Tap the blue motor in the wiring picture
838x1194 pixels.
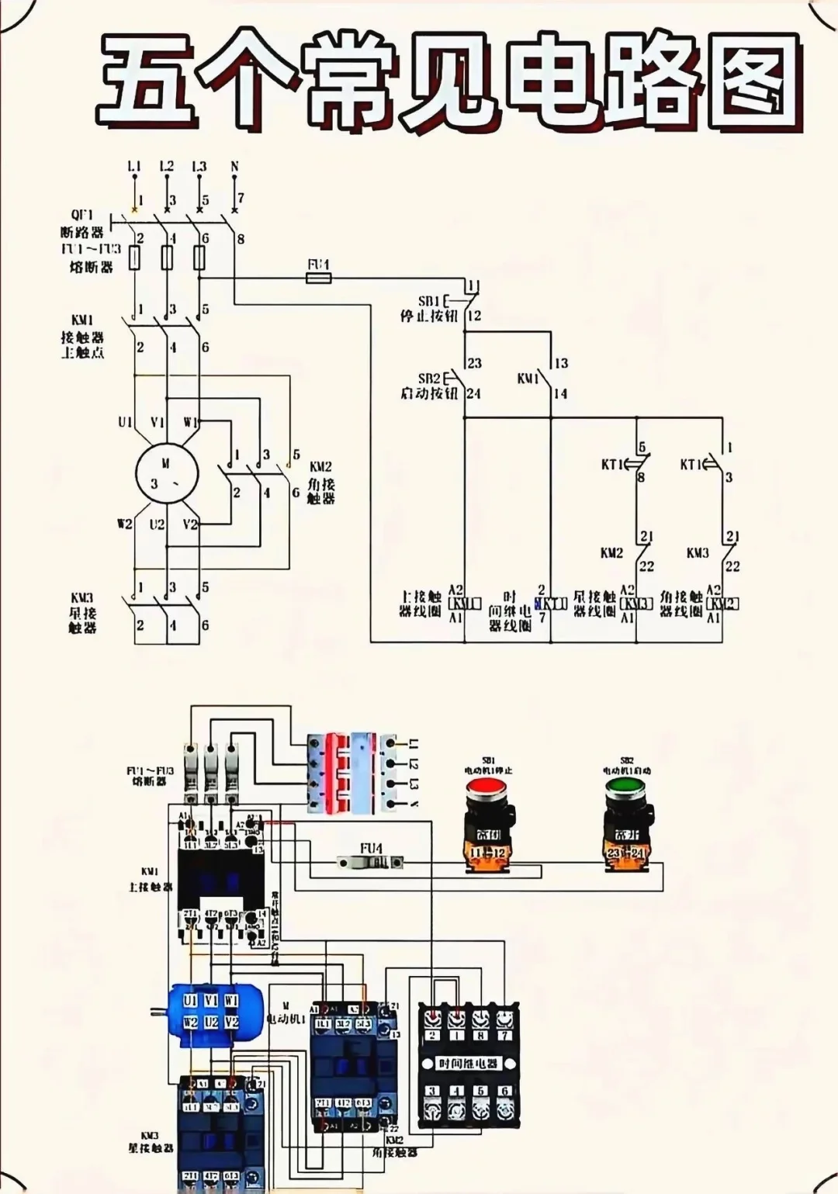pos(209,1014)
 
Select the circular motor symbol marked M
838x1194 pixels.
pos(167,473)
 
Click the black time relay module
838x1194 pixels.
pos(468,1064)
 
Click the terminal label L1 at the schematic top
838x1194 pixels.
pos(134,167)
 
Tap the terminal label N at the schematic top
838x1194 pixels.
pos(234,167)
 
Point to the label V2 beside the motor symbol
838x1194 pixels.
pos(190,524)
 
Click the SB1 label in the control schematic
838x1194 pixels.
pos(429,301)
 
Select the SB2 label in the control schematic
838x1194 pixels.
pos(429,379)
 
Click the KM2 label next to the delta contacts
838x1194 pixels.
pos(320,467)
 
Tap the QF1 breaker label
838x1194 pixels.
pos(82,215)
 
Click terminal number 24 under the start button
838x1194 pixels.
pos(473,394)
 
